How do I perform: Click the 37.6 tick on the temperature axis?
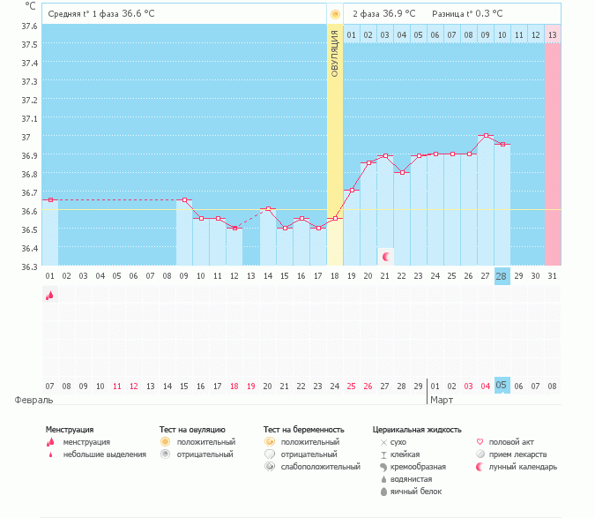point(29,26)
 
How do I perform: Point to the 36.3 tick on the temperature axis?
point(29,267)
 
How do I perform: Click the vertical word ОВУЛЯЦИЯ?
point(335,54)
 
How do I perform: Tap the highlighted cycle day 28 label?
point(502,276)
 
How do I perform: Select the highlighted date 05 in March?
point(502,386)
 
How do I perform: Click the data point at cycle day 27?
point(485,136)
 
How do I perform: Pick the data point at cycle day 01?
point(50,200)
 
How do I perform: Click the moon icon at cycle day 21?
point(386,256)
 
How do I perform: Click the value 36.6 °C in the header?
point(137,14)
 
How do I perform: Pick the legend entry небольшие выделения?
point(104,454)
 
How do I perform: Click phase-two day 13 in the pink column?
point(552,34)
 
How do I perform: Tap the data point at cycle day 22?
point(402,172)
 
